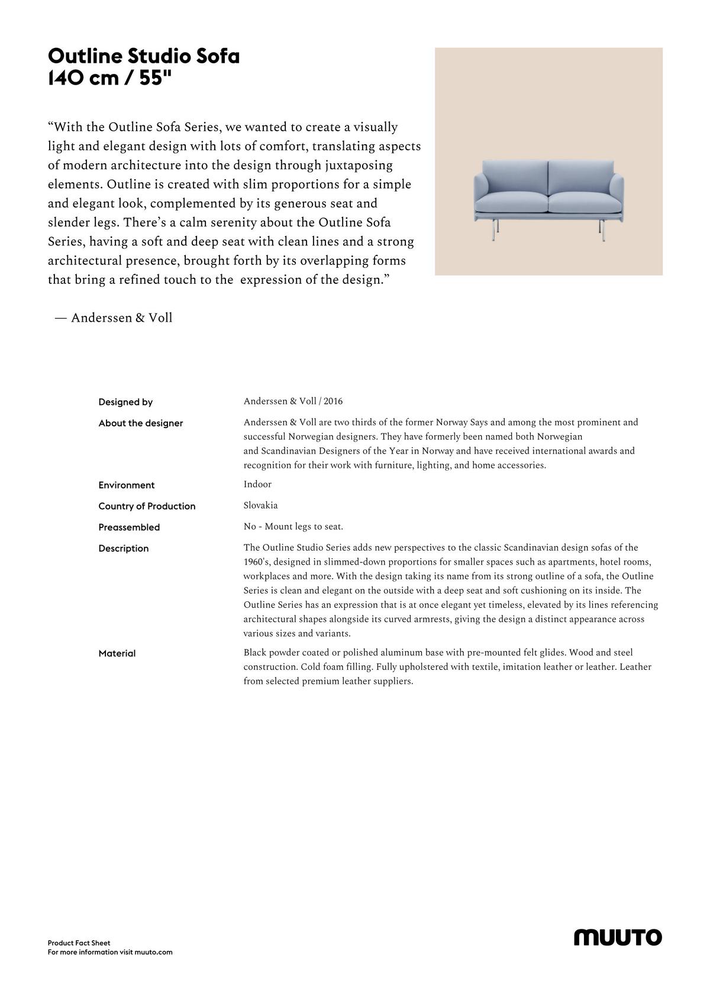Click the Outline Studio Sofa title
tap(144, 57)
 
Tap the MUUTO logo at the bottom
tap(618, 937)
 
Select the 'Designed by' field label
tap(125, 402)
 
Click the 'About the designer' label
tap(141, 423)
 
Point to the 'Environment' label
tap(127, 485)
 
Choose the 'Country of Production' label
tap(147, 506)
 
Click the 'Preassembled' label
tap(129, 527)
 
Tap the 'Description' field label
tap(124, 549)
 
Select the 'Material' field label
tap(117, 653)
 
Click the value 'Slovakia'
tap(260, 506)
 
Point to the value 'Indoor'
tap(257, 484)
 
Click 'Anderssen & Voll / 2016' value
tap(293, 401)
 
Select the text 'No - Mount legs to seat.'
tap(293, 527)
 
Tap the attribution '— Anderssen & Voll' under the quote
tap(114, 318)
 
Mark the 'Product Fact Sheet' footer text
tap(79, 943)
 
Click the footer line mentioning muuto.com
tap(110, 953)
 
